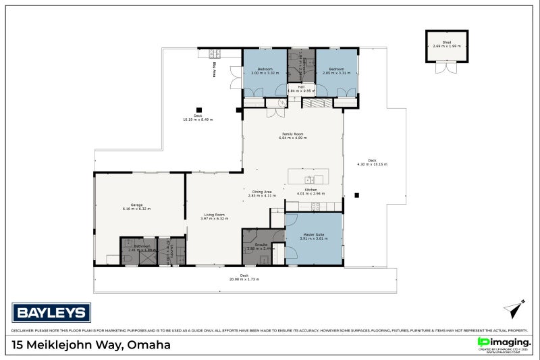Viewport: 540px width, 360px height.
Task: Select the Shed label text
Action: coord(446,42)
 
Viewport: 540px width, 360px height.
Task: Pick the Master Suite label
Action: coord(313,234)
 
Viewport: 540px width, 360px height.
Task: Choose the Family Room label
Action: coord(292,134)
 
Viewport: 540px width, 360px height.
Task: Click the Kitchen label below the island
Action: coord(310,190)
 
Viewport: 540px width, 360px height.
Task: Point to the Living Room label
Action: coord(213,215)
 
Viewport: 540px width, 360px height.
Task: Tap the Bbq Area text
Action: coord(215,68)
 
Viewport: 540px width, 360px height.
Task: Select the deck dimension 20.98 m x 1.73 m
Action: coord(244,278)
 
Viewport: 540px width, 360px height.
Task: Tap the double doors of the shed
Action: coord(446,68)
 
